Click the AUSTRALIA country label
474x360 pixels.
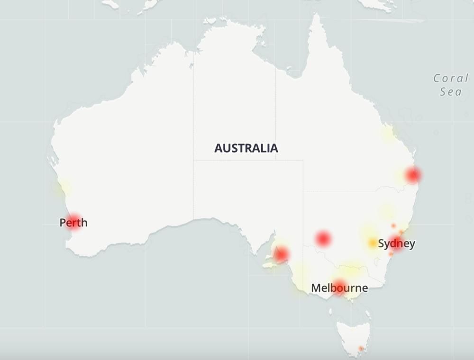(x=246, y=148)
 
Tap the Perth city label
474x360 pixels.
(x=73, y=222)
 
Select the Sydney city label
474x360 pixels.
(x=397, y=244)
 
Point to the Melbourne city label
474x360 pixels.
(x=339, y=288)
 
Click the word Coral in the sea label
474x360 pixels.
(x=451, y=78)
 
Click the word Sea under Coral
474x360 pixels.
(x=451, y=91)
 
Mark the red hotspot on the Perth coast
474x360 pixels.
(x=73, y=220)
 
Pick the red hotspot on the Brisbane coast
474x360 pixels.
(x=413, y=176)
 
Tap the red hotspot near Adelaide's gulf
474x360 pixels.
(x=281, y=255)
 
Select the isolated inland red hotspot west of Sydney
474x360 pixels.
(x=323, y=238)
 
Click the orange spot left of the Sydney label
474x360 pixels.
(x=373, y=243)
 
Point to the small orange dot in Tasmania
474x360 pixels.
(x=361, y=349)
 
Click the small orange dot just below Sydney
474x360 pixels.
(x=391, y=254)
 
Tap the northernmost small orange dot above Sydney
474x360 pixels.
(x=393, y=225)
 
